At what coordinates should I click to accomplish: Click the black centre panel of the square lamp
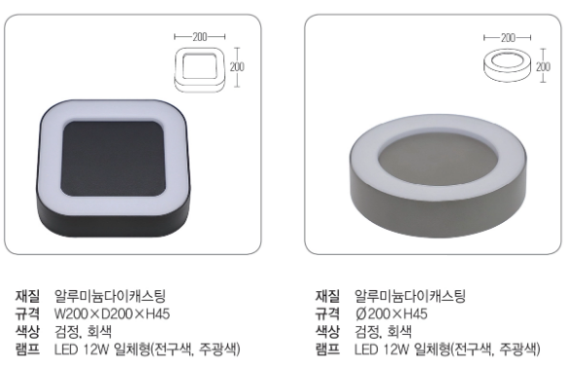click(112, 159)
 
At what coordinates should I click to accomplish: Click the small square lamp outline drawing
click(199, 69)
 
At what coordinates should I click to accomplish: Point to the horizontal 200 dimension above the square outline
click(200, 37)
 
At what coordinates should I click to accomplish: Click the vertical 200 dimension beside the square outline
click(237, 67)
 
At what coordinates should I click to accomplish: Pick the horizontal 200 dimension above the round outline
click(508, 37)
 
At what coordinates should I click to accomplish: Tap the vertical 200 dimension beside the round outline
click(543, 66)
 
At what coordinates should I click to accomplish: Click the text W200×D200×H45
click(112, 314)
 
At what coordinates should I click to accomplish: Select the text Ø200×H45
click(392, 314)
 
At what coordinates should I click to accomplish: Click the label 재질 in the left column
click(27, 296)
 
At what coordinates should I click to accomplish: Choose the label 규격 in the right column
click(327, 314)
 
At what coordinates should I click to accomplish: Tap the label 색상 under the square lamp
click(27, 331)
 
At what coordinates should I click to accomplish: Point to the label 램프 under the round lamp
click(327, 349)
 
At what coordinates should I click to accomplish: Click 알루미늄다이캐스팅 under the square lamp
click(109, 296)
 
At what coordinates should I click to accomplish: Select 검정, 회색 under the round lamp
click(383, 331)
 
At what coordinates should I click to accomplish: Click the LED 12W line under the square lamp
click(147, 349)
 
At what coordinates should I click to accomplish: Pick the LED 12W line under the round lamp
click(447, 349)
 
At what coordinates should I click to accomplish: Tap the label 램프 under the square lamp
click(27, 349)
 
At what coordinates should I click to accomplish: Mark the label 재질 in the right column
click(327, 296)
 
